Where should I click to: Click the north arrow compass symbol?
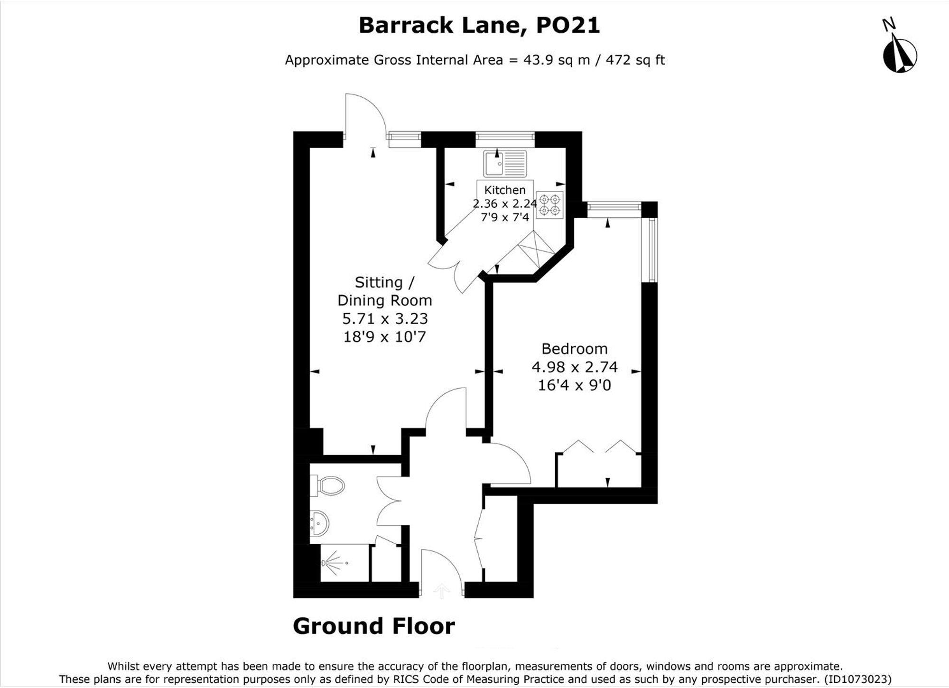click(899, 55)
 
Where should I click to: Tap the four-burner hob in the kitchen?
click(550, 205)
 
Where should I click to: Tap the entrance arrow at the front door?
click(442, 591)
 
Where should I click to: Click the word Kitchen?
click(505, 190)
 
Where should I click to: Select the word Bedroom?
click(575, 349)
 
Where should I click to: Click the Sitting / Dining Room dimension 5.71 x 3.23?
click(385, 318)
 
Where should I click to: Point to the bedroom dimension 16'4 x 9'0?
click(575, 385)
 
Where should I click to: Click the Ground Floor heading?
click(374, 626)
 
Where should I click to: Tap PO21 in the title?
click(568, 25)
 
